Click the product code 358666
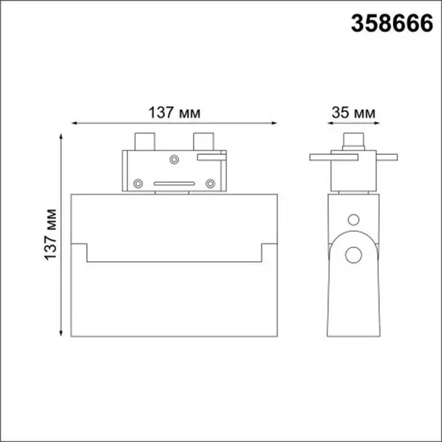pos(392,23)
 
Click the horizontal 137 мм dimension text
pos(174,113)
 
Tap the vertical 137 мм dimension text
pos(50,234)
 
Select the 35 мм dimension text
pos(353,113)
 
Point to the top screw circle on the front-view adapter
pos(174,160)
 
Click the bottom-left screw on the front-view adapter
pos(138,183)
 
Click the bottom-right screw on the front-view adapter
pos(210,183)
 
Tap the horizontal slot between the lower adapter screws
pos(174,183)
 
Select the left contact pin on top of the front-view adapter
pos(145,142)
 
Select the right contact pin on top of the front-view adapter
pos(203,142)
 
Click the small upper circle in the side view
pos(353,220)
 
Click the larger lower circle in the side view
pos(353,255)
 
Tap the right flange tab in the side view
pos(387,157)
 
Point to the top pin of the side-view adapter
pos(353,140)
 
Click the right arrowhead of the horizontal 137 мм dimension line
pos(274,123)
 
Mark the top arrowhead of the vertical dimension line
pos(61,136)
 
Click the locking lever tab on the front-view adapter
pos(211,157)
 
